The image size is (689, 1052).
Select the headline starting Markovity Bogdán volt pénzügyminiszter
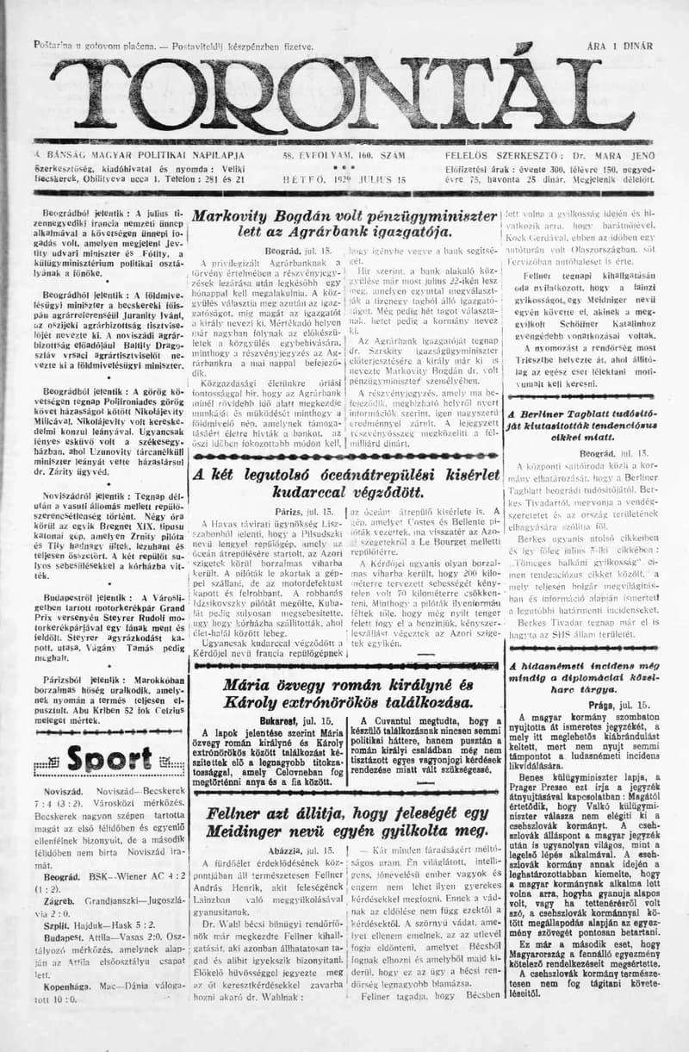point(344,224)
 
